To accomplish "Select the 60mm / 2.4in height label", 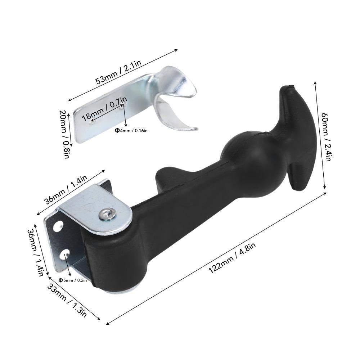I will (326, 137).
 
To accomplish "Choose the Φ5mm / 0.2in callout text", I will (73, 280).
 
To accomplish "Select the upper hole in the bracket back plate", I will (58, 227).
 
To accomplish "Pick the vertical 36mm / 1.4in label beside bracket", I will (35, 252).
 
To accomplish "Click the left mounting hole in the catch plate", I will (91, 123).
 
